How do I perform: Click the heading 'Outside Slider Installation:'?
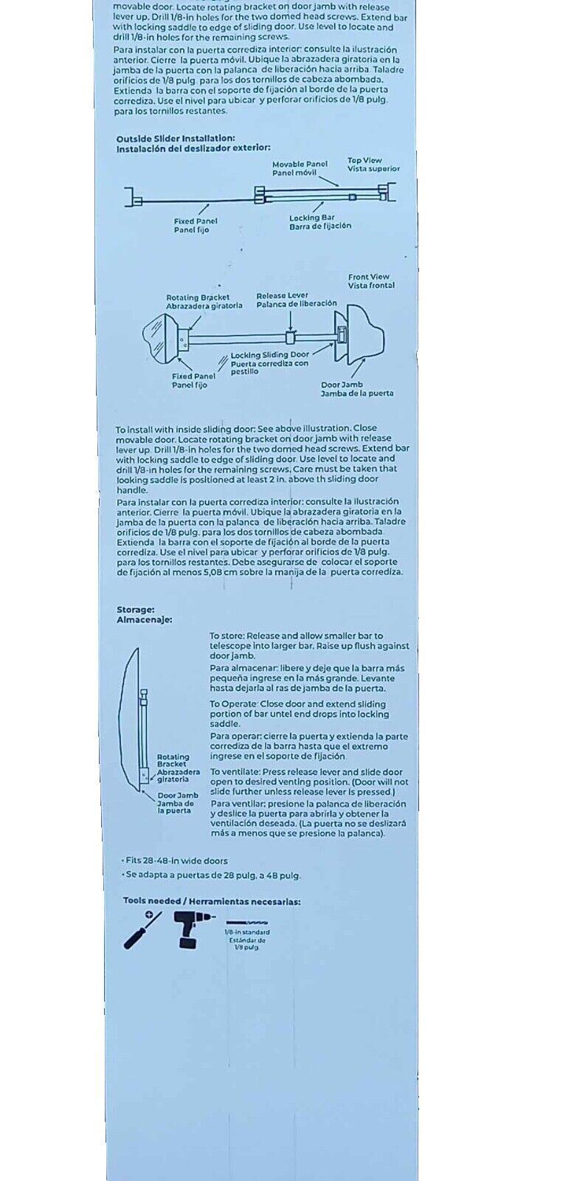[176, 138]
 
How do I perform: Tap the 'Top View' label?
[364, 160]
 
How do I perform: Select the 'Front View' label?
[369, 277]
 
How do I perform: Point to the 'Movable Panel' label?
[300, 165]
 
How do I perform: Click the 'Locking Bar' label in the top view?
[311, 218]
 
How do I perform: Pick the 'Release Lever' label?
[283, 295]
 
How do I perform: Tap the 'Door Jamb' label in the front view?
[341, 385]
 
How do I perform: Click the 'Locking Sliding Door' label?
[270, 355]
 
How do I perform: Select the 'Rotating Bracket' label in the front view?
[198, 297]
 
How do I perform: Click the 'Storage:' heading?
[135, 610]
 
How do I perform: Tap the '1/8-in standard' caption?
[247, 932]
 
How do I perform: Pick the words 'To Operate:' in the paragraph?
[235, 704]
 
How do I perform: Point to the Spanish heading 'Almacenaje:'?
[144, 620]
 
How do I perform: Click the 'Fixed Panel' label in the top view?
[195, 221]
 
